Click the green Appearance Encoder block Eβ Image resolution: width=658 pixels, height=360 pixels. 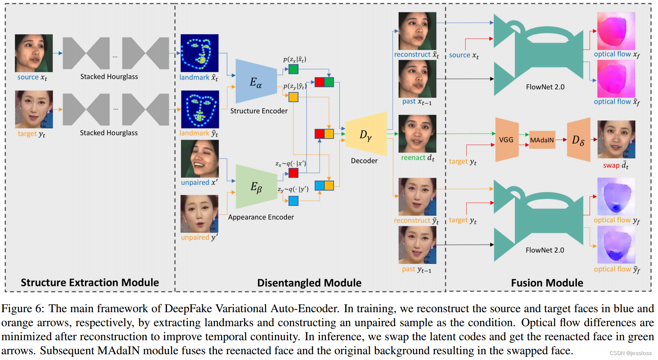click(x=256, y=187)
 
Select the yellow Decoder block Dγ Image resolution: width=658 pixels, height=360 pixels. click(x=366, y=134)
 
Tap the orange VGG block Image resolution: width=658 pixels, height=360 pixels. click(x=506, y=140)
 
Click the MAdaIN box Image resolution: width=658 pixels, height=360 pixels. click(x=542, y=140)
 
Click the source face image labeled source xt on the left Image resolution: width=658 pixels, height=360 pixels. click(x=34, y=53)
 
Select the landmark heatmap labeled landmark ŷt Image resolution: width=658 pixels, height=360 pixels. click(x=200, y=109)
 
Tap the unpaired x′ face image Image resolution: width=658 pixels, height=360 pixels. click(x=200, y=159)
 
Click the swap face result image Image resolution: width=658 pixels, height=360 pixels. click(x=616, y=139)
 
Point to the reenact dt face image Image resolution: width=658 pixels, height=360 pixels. click(x=417, y=134)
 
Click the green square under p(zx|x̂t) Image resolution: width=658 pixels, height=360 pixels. click(x=293, y=69)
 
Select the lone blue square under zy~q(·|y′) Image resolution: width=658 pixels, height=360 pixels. click(x=293, y=201)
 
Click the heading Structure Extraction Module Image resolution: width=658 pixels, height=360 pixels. click(x=90, y=282)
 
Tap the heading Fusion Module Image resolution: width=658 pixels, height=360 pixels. click(x=547, y=283)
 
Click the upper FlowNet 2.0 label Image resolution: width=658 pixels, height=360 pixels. click(x=545, y=87)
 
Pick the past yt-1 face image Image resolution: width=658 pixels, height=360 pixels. click(x=417, y=245)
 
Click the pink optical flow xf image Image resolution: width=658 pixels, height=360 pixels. click(x=616, y=31)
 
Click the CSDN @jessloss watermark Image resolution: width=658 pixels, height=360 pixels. click(x=630, y=353)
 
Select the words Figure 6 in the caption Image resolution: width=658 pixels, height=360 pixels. click(x=22, y=308)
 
